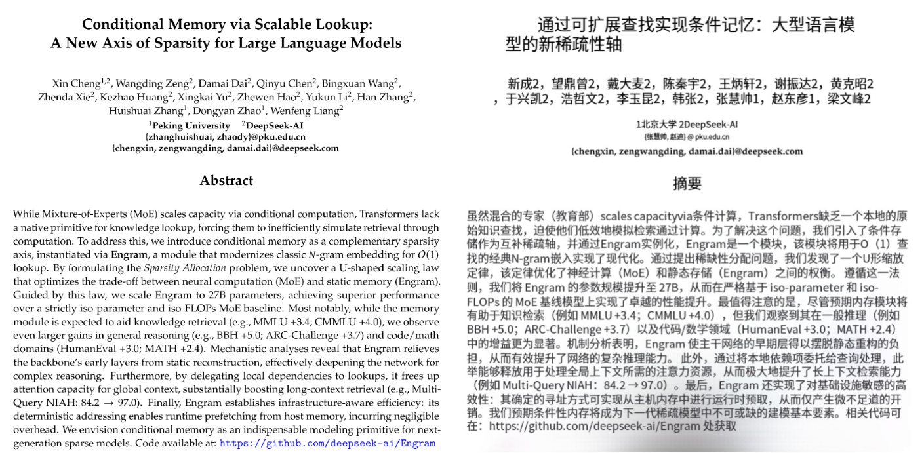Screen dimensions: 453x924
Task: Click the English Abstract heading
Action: [x=226, y=180]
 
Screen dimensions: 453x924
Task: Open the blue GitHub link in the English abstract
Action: [x=327, y=443]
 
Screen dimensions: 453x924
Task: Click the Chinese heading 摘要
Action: [x=687, y=183]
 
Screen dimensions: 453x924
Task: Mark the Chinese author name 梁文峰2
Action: [x=849, y=100]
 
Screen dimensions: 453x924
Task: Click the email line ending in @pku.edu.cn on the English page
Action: [x=226, y=137]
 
